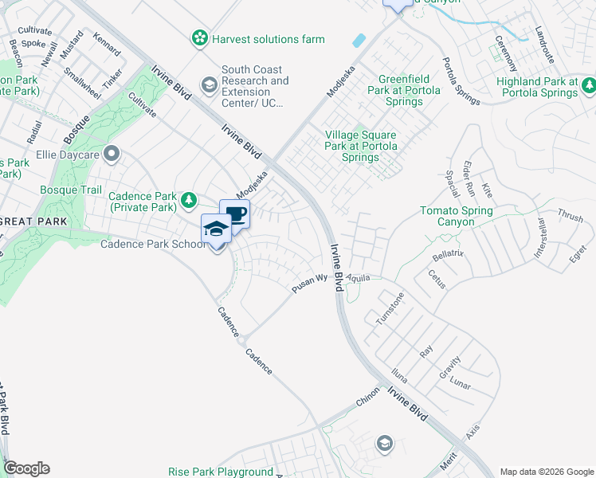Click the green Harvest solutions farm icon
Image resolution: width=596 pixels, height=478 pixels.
tap(199, 38)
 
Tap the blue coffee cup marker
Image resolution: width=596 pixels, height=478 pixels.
tap(235, 214)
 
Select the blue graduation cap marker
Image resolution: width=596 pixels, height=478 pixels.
tap(217, 229)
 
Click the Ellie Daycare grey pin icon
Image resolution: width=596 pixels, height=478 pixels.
tap(112, 153)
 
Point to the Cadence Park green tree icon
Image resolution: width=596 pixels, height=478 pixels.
tap(189, 199)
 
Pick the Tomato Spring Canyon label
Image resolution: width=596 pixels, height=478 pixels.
tap(457, 216)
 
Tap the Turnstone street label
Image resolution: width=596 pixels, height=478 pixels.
tap(390, 308)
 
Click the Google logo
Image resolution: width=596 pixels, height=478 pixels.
tap(26, 468)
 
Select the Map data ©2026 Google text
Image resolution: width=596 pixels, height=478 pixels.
tap(546, 471)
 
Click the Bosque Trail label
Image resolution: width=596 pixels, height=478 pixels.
tap(71, 190)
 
